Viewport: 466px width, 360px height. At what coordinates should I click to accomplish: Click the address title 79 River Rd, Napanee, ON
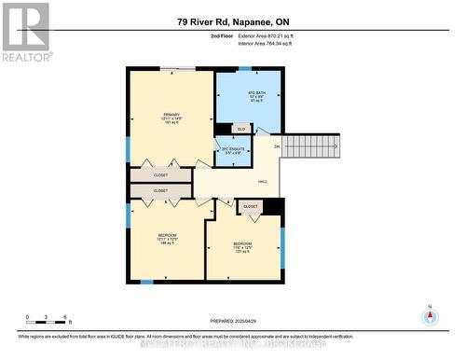232,21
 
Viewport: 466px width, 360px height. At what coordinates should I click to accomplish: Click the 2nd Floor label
220,35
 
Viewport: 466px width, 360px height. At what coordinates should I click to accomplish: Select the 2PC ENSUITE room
231,149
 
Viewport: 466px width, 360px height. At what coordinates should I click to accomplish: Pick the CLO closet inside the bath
240,129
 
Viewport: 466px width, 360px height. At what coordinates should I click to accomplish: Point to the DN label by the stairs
277,147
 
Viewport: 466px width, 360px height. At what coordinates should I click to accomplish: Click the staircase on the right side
313,145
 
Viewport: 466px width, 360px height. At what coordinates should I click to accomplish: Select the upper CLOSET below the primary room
160,174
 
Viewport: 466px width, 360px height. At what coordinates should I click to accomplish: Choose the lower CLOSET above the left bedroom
160,190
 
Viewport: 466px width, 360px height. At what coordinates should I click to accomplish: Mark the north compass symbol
430,317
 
